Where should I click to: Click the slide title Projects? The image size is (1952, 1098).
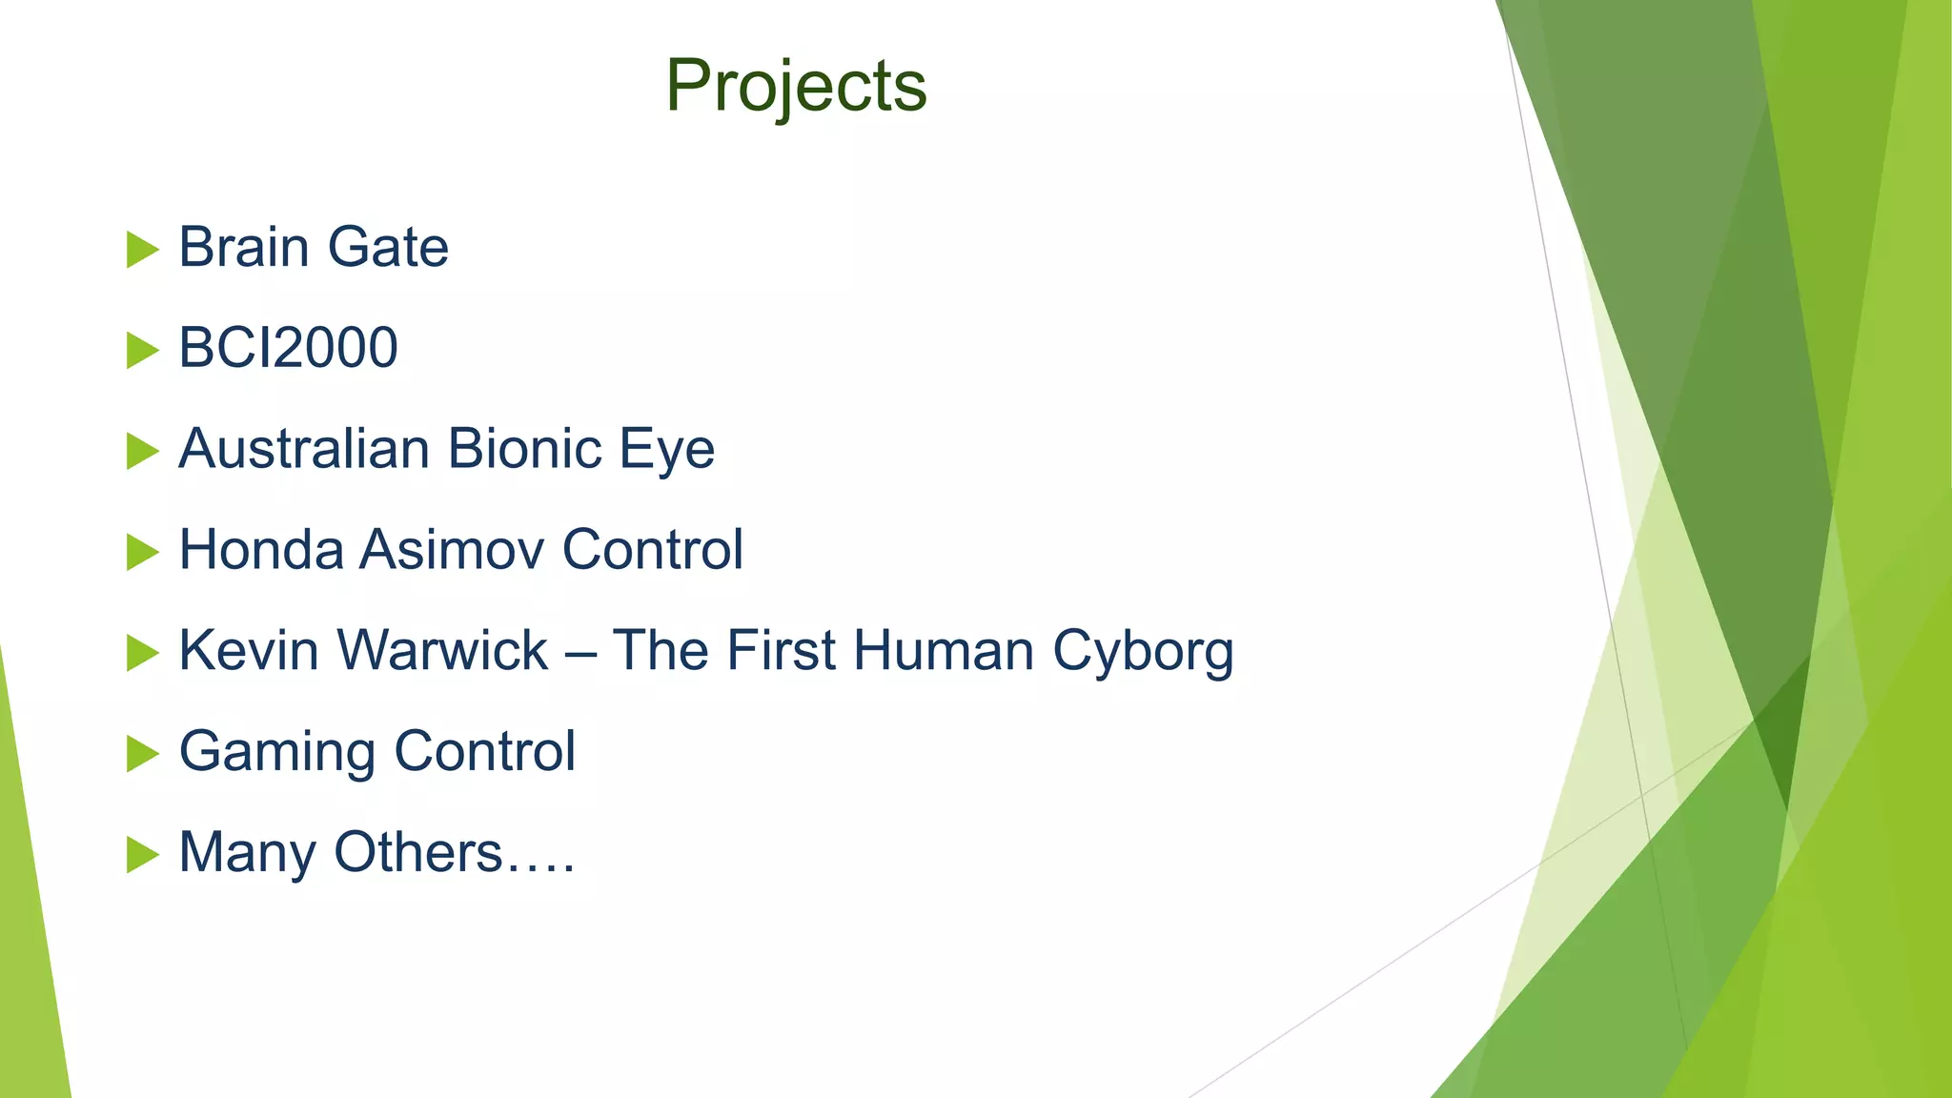click(796, 86)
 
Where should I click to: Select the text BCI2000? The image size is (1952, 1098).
click(288, 348)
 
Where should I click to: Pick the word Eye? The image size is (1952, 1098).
click(667, 450)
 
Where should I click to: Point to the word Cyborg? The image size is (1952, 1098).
click(1143, 653)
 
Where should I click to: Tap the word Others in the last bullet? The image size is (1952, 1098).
click(417, 852)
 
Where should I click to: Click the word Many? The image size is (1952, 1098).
click(247, 854)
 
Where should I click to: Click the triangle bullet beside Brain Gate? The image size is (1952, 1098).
click(142, 250)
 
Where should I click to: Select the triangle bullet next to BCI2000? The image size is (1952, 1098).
click(142, 351)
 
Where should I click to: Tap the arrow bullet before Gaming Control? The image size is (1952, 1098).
click(142, 754)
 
